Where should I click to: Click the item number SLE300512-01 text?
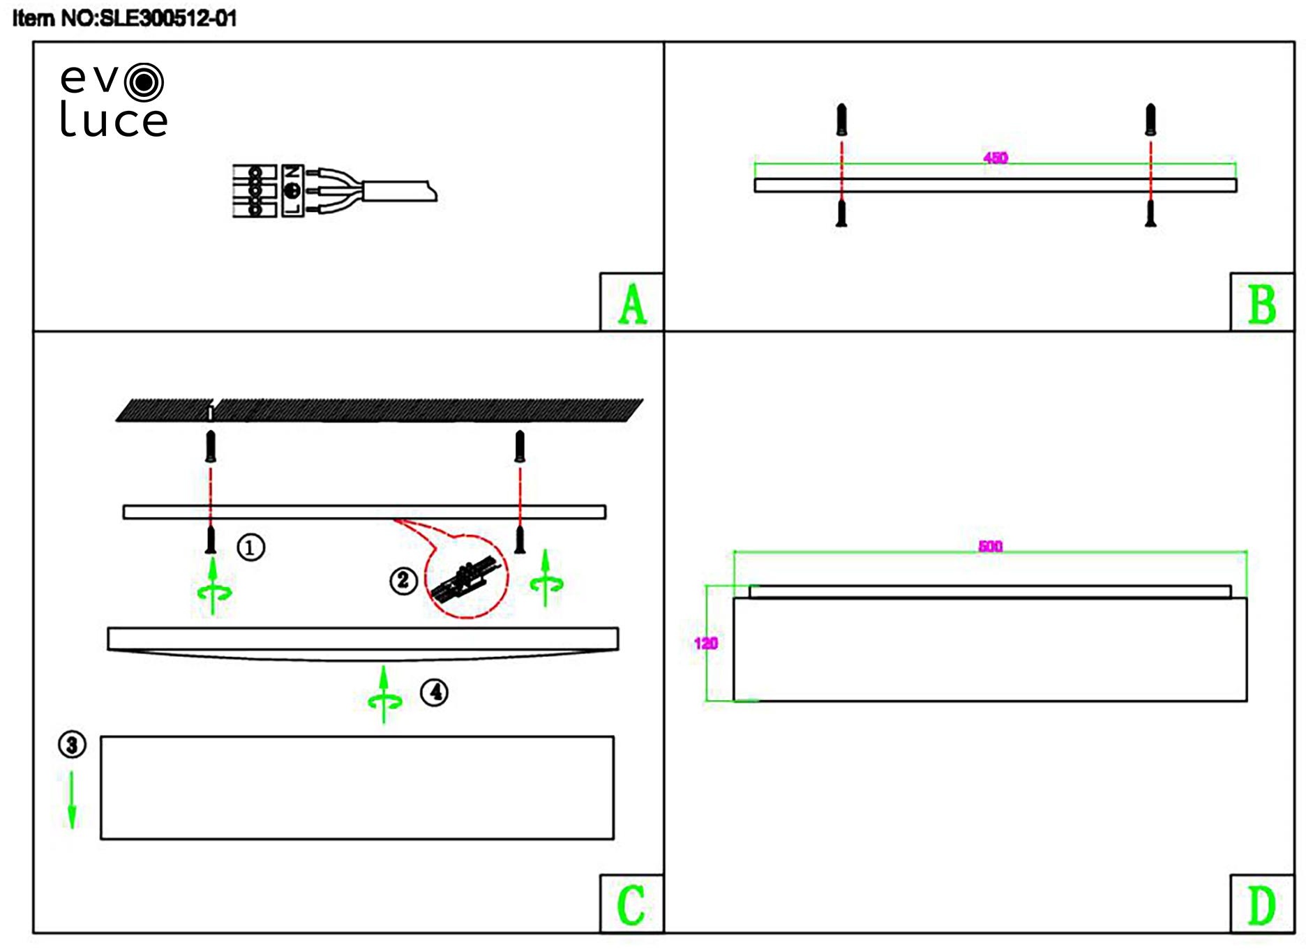[124, 18]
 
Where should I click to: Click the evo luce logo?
[113, 100]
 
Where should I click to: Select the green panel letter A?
[632, 304]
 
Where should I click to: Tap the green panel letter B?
[1261, 304]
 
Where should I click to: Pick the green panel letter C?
[631, 905]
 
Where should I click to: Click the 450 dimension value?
[996, 158]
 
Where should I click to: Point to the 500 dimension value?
[991, 546]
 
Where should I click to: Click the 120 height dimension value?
[706, 643]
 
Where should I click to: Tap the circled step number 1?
[251, 547]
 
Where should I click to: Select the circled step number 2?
[403, 580]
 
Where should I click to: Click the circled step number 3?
[72, 745]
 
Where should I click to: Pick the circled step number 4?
[434, 692]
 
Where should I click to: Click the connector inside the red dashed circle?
[466, 581]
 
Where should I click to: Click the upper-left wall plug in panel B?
[841, 119]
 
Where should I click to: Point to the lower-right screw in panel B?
[1150, 213]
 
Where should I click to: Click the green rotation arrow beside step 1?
[213, 587]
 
